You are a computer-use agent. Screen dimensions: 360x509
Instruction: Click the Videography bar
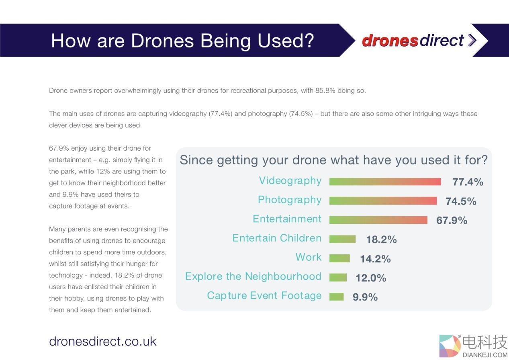point(385,182)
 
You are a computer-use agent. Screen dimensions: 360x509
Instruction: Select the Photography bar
point(383,201)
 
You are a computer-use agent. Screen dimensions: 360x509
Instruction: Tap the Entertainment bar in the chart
point(378,220)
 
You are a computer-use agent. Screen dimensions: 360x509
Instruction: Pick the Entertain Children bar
point(342,239)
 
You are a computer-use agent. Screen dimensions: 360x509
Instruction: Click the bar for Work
point(339,258)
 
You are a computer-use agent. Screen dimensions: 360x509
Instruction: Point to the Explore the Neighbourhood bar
point(338,277)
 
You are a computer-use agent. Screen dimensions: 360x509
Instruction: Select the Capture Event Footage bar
point(336,297)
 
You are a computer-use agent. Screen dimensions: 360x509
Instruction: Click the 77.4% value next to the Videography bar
point(468,182)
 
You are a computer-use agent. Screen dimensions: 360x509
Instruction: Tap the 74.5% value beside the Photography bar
point(461,201)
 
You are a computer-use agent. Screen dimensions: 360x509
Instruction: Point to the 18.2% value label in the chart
point(381,239)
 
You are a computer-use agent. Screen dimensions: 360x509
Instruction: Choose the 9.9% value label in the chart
point(365,297)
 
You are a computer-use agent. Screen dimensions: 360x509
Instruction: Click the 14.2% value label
point(375,259)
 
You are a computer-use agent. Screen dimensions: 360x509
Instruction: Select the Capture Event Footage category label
point(264,296)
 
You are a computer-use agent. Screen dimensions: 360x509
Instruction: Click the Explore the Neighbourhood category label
point(253,276)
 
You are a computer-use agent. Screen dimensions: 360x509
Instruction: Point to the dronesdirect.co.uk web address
point(102,341)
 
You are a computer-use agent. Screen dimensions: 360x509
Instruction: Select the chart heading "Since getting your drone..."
point(333,160)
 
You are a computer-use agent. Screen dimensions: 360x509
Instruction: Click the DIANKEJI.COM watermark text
point(485,355)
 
